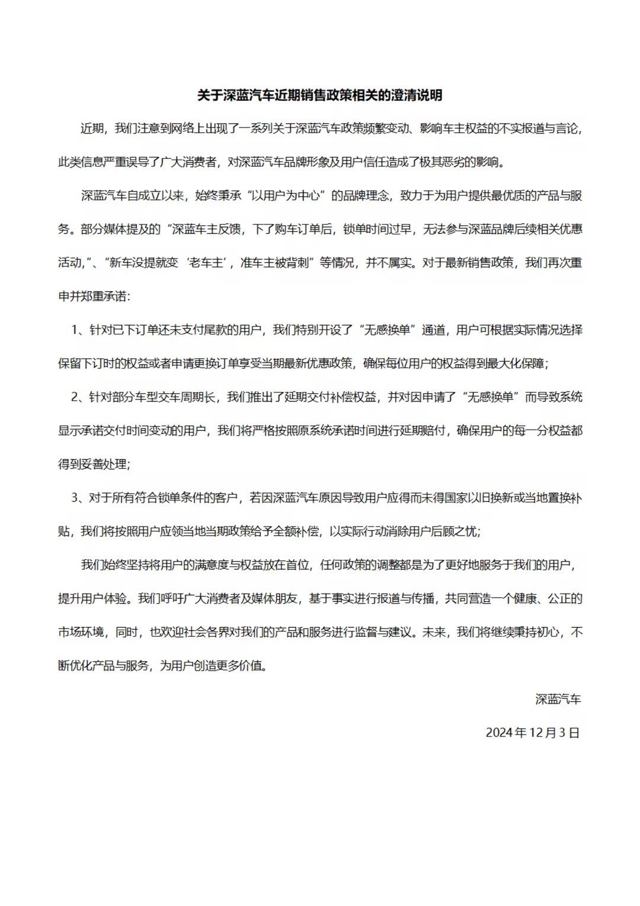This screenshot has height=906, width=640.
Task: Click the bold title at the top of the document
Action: (x=319, y=95)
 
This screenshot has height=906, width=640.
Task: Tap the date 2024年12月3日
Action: (x=532, y=732)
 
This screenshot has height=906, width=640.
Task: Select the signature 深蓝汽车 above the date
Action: (x=558, y=699)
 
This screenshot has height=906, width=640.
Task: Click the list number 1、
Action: (x=80, y=330)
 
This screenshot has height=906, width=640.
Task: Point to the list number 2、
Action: (x=80, y=397)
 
